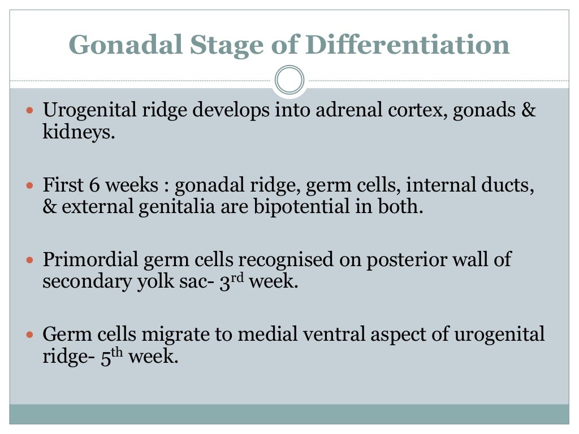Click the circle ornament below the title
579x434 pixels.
pyautogui.click(x=289, y=80)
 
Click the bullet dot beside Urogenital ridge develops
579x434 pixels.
pyautogui.click(x=32, y=110)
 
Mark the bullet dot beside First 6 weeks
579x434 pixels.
pyautogui.click(x=32, y=185)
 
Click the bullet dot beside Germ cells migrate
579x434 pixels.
pyautogui.click(x=32, y=335)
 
